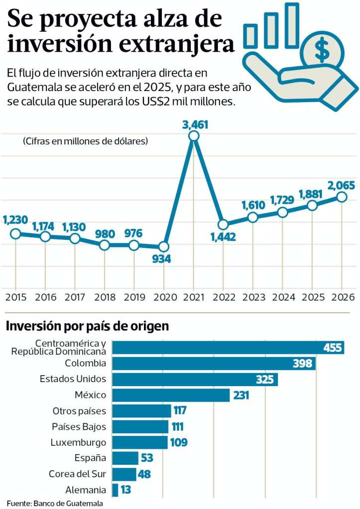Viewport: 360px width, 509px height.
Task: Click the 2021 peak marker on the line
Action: tap(194, 136)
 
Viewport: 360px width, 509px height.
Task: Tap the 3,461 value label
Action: tap(195, 124)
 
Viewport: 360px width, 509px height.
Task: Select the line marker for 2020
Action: tap(164, 246)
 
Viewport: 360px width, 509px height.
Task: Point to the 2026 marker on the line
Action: tap(342, 197)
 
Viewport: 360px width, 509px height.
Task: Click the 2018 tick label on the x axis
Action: tap(104, 297)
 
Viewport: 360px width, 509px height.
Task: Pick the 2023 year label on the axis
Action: tap(252, 297)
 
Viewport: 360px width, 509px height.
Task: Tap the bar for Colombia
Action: tap(214, 363)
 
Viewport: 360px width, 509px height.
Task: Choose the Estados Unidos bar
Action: tap(195, 379)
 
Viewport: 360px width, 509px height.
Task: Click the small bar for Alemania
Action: tap(116, 490)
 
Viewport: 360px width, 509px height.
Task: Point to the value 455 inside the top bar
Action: tap(332, 347)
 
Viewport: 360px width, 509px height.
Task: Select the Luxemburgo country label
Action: tap(78, 442)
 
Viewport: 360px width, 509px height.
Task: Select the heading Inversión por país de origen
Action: tap(87, 326)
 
